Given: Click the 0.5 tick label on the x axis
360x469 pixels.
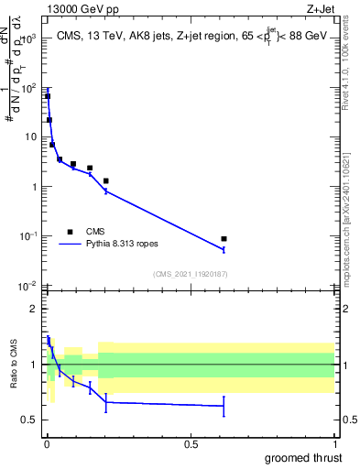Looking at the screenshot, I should (191, 443).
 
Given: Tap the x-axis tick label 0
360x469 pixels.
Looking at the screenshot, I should (46, 443).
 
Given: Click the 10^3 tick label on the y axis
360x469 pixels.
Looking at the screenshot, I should (27, 39).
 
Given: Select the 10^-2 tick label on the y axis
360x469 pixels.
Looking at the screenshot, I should (27, 286).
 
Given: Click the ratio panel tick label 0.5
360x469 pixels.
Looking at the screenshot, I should (30, 420).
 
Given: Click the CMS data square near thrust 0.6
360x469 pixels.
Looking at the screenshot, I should (224, 238).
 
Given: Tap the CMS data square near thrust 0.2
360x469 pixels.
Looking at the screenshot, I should (106, 180).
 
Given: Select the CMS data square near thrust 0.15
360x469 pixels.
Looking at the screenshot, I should (90, 168).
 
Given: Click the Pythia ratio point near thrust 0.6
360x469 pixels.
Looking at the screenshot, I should (224, 406).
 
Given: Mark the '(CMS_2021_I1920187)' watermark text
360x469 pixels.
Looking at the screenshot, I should (190, 273).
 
